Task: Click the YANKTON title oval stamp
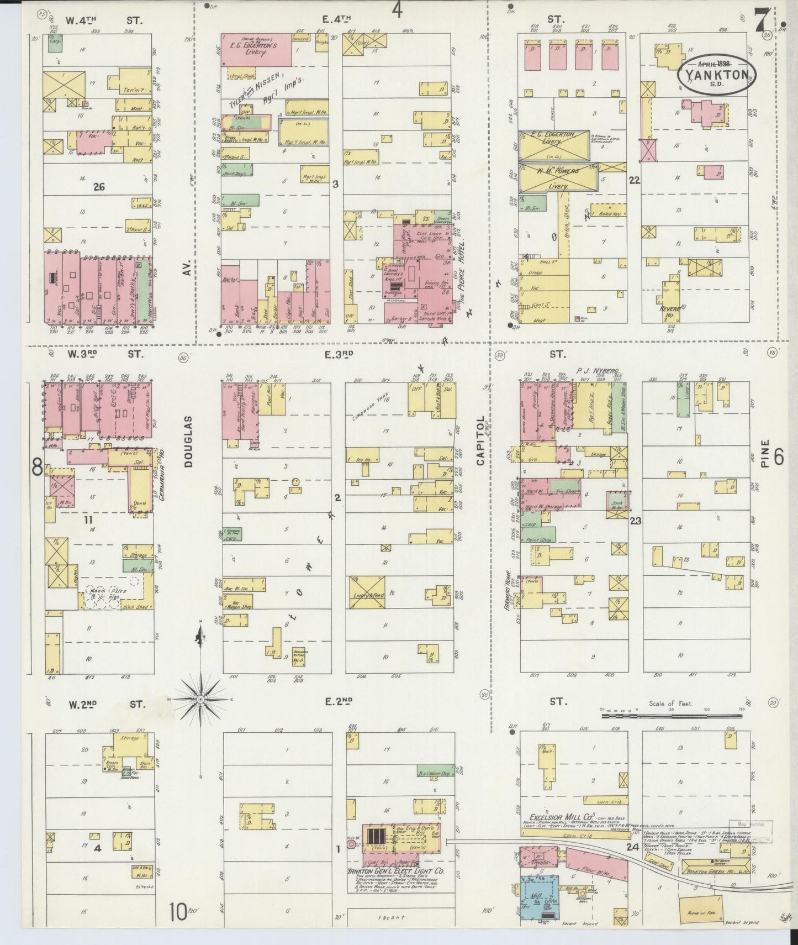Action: click(x=716, y=72)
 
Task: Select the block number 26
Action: click(x=99, y=187)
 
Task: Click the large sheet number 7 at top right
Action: click(x=762, y=22)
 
